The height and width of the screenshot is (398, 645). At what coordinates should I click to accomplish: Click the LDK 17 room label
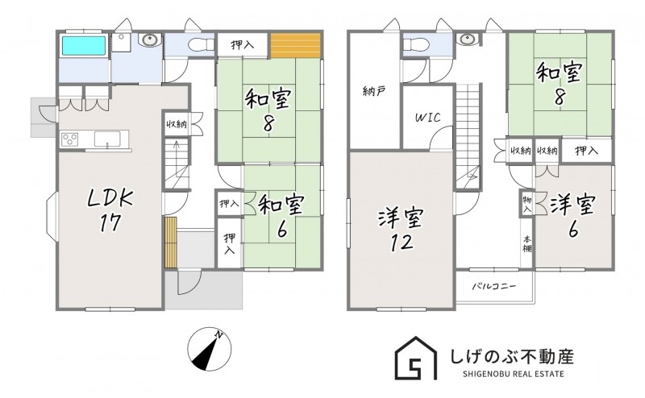tap(110, 210)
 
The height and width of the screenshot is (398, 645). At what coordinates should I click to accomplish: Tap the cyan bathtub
tap(84, 45)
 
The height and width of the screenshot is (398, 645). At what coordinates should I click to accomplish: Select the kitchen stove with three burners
tap(69, 139)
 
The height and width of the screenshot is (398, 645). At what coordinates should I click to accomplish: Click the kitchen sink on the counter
tap(107, 139)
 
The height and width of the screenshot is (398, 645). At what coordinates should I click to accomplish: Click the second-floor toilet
tap(416, 44)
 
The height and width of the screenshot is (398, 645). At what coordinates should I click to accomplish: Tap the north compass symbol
tap(210, 350)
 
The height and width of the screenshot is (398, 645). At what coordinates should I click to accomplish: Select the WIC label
tap(427, 118)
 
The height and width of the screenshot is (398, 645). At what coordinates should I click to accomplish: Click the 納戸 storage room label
tap(374, 91)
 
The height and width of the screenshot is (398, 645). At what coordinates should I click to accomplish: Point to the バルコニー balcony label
tap(493, 286)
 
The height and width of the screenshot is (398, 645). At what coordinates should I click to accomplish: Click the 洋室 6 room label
tap(573, 216)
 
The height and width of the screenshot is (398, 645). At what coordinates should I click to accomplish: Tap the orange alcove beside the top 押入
tap(295, 45)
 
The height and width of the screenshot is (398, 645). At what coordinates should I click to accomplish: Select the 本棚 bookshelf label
tap(527, 244)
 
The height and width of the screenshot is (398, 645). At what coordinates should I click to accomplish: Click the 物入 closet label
tap(527, 205)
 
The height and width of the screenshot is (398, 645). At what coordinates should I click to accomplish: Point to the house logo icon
tap(415, 358)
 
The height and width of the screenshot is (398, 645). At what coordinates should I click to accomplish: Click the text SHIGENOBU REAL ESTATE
tap(514, 374)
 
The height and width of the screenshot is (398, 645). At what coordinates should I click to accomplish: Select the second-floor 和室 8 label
tap(559, 85)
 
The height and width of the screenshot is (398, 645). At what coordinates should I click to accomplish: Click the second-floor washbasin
tap(467, 39)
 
